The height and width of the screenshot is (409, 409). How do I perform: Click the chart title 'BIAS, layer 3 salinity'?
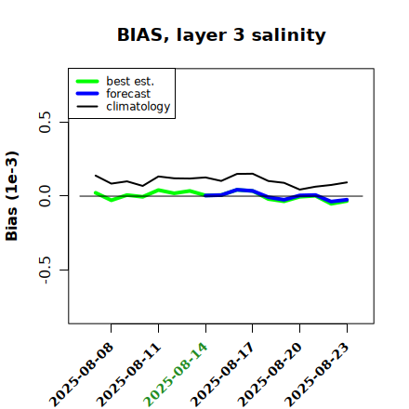[x=221, y=34]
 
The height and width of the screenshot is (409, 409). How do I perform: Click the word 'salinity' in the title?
[x=288, y=34]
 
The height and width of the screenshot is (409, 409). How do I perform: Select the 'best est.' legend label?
[x=130, y=81]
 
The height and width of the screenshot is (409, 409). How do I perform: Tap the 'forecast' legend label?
[x=128, y=94]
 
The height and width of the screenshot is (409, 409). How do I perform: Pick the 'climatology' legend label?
[x=139, y=107]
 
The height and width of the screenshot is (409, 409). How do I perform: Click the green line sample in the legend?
[x=87, y=81]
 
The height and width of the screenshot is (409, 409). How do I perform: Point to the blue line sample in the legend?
[x=87, y=94]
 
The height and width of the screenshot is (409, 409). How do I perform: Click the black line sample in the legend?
[x=87, y=106]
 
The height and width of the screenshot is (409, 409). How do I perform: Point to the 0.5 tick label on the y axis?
[x=46, y=122]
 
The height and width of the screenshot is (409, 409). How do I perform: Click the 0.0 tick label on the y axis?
[x=46, y=196]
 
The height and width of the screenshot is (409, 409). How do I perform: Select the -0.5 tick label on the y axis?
[x=46, y=270]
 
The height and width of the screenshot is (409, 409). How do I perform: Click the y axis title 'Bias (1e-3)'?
[x=11, y=196]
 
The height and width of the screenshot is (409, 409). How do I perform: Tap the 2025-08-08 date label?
[x=81, y=375]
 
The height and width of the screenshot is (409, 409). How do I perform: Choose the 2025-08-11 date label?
[x=128, y=375]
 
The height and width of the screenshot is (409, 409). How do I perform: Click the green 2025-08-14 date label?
[x=176, y=375]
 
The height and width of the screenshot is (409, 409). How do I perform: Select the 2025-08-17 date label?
[x=222, y=375]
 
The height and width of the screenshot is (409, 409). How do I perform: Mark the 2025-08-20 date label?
[x=270, y=375]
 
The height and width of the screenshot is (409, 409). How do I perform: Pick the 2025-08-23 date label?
[x=317, y=375]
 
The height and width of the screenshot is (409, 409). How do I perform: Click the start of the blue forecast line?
[x=205, y=195]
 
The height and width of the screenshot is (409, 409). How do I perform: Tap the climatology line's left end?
[x=96, y=176]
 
